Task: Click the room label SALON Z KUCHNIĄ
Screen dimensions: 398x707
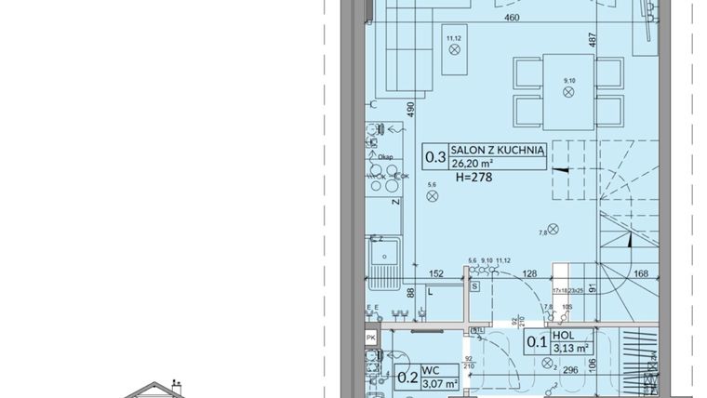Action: [x=497, y=149]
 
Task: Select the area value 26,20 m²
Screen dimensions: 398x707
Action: [x=473, y=162]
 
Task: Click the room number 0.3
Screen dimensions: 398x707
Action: [x=435, y=156]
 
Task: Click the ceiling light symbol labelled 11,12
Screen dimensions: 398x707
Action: [x=455, y=50]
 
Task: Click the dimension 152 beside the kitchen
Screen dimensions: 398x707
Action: [x=435, y=273]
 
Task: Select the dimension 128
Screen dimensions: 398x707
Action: [x=530, y=273]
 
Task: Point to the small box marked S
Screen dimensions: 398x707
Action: [x=474, y=286]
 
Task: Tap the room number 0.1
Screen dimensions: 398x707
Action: [x=538, y=340]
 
